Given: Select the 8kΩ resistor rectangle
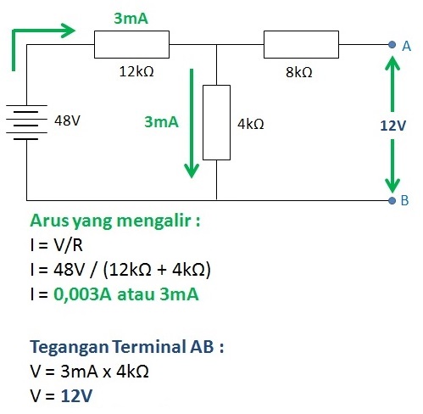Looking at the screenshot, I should pyautogui.click(x=301, y=43).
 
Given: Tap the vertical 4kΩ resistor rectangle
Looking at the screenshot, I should pyautogui.click(x=217, y=122).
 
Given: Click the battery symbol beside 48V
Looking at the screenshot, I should pyautogui.click(x=27, y=121).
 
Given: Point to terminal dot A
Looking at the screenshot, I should pyautogui.click(x=391, y=44).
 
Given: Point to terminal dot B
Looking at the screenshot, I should pyautogui.click(x=391, y=200).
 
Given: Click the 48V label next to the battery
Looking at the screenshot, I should pyautogui.click(x=68, y=120).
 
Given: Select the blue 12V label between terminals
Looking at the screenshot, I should pyautogui.click(x=392, y=126).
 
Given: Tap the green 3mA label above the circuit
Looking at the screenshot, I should pyautogui.click(x=131, y=18).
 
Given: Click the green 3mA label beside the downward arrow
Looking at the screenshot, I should pyautogui.click(x=161, y=122).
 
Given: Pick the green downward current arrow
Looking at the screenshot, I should pyautogui.click(x=192, y=127).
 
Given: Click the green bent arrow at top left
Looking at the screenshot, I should pyautogui.click(x=38, y=38).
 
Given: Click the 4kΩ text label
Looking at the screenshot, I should pyautogui.click(x=251, y=124).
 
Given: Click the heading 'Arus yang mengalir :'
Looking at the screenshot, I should pyautogui.click(x=115, y=222).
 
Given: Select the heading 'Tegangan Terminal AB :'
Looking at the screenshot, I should pyautogui.click(x=127, y=347).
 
